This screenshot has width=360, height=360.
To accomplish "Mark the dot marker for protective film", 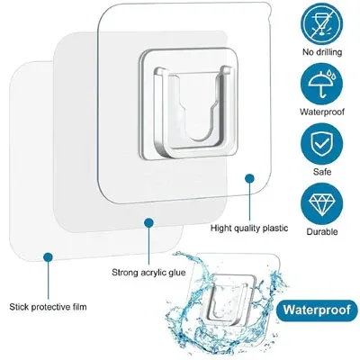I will click(x=49, y=256).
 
